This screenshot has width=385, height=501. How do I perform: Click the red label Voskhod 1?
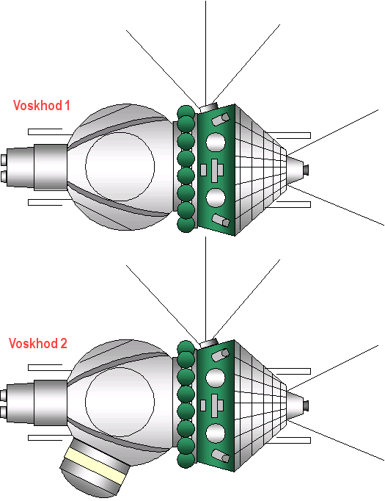(x=41, y=105)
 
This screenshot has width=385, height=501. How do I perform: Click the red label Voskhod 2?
(x=38, y=343)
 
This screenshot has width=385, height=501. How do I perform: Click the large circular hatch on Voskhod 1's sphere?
(x=120, y=167)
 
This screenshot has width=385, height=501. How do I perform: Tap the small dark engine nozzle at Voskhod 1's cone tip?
(x=306, y=170)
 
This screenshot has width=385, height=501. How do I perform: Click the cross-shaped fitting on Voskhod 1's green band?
(x=215, y=170)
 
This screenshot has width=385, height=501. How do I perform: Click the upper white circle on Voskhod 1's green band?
(x=216, y=141)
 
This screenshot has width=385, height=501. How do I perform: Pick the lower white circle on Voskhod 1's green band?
(x=216, y=198)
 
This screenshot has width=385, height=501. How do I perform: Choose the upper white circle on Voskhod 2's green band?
(x=216, y=378)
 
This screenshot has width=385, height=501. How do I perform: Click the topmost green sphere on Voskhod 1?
(x=186, y=112)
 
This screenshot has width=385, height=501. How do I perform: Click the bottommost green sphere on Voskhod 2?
(x=186, y=459)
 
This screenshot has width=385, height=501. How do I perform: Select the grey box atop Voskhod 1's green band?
(x=209, y=107)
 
